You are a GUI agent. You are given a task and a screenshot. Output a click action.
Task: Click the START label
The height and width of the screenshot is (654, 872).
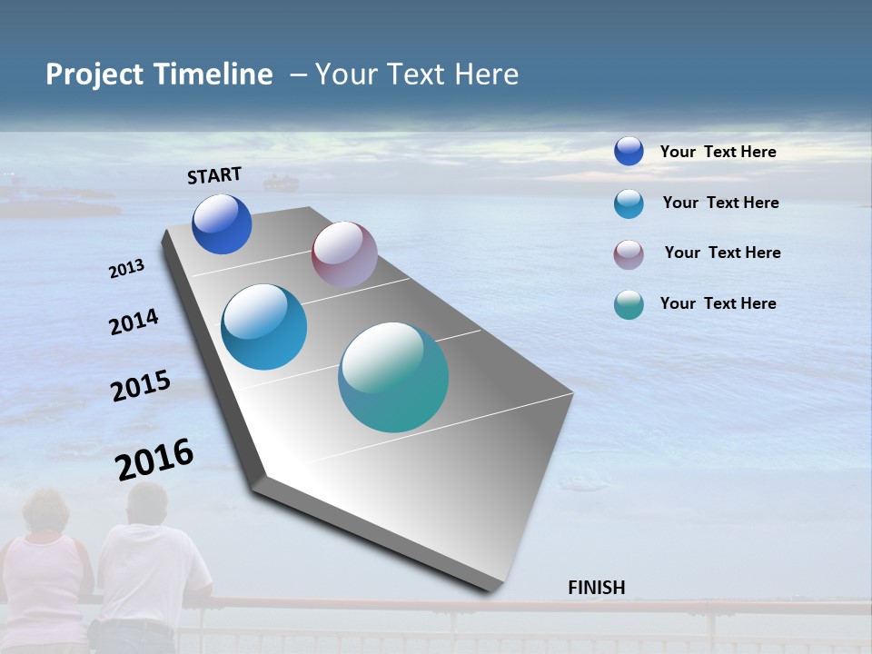(x=214, y=175)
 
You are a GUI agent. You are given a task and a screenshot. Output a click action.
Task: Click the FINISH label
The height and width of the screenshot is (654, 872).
(x=596, y=588)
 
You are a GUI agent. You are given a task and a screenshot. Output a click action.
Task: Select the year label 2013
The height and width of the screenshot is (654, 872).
(x=127, y=268)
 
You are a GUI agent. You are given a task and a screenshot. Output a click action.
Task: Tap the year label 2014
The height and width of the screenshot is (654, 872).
(x=134, y=322)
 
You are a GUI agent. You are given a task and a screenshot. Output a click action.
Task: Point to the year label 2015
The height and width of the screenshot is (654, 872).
(x=141, y=386)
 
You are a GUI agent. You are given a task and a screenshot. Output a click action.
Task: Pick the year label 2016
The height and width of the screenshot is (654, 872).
(x=154, y=459)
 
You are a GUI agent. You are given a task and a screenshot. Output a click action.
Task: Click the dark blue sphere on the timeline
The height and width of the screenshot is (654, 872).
(x=222, y=224)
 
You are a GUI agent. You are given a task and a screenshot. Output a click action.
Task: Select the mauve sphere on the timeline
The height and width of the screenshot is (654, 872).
(x=344, y=254)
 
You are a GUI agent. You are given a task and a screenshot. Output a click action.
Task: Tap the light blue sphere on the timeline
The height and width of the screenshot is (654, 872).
(x=264, y=327)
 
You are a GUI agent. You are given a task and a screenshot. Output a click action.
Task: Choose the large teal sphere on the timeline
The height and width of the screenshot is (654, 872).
(x=393, y=377)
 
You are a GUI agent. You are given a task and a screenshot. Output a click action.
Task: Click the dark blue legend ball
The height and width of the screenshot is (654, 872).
(x=629, y=151)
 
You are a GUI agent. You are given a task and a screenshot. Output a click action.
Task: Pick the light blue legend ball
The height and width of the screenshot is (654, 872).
(x=629, y=203)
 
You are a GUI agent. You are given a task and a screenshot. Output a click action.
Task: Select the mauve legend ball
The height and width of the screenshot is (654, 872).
(x=629, y=254)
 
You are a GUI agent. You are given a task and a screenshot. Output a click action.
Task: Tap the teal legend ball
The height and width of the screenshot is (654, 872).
(x=629, y=304)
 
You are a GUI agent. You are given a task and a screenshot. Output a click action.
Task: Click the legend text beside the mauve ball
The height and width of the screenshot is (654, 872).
(x=722, y=253)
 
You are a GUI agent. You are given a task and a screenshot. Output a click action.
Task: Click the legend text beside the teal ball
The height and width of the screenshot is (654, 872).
(x=718, y=303)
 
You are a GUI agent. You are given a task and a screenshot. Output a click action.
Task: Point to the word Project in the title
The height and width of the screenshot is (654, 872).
(x=95, y=75)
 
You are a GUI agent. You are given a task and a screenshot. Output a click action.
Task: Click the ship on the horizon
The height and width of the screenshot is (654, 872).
(x=281, y=183)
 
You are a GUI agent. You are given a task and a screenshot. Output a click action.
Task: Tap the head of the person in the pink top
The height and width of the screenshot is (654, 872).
(x=45, y=511)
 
